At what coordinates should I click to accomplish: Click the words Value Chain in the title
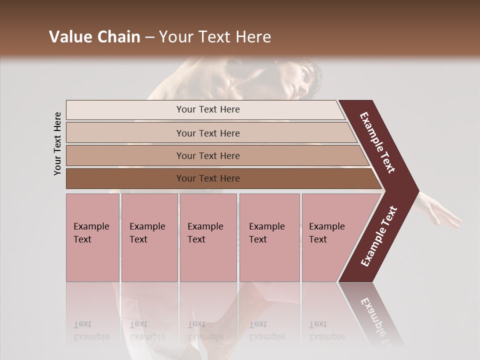(x=94, y=37)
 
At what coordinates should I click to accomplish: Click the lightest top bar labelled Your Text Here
(x=208, y=109)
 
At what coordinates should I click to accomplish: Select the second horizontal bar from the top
(x=208, y=133)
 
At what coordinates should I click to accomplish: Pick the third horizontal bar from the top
(x=208, y=155)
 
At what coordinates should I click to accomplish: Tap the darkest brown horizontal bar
(x=208, y=178)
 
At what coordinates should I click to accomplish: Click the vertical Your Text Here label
(x=57, y=143)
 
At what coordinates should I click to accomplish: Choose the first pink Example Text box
(x=92, y=237)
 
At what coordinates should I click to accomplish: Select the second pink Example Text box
(x=149, y=237)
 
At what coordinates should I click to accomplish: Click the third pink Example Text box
(x=208, y=237)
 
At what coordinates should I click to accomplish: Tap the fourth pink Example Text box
(x=269, y=237)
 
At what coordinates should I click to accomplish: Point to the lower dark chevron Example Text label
(x=379, y=236)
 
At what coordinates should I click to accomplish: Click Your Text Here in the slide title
(x=215, y=37)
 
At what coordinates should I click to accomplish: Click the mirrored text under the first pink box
(x=91, y=330)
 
